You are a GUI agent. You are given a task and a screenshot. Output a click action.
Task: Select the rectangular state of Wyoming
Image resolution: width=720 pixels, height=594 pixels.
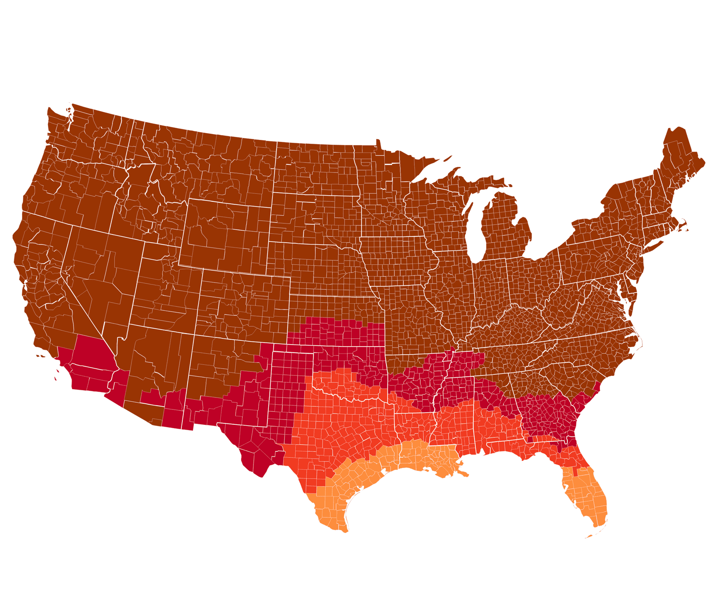point(226,235)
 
